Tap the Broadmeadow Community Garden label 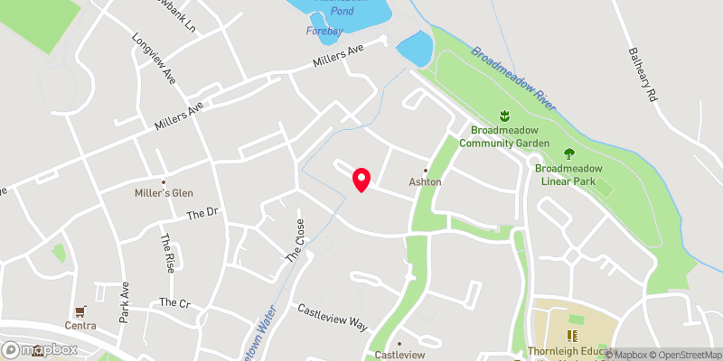[504, 135]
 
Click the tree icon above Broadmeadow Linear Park [568, 153]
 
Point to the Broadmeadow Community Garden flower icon [505, 116]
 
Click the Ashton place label [426, 181]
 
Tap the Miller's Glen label [163, 193]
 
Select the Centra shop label [80, 325]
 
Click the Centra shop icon [80, 311]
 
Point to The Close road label [295, 241]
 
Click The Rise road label [168, 255]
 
